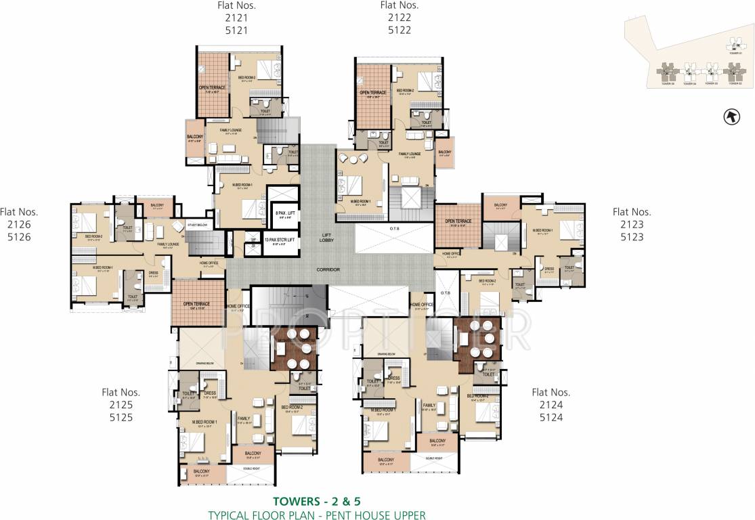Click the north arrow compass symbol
[731, 117]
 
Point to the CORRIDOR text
[328, 269]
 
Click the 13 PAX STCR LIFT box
[279, 240]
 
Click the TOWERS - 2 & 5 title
[316, 502]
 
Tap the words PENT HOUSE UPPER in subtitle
[379, 515]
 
